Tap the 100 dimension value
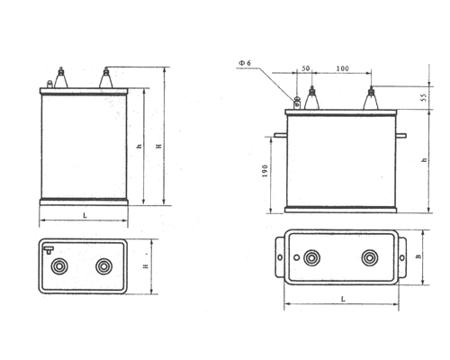point(342,68)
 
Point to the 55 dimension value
point(422,96)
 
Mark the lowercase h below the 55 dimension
point(422,159)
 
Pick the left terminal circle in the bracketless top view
point(62,266)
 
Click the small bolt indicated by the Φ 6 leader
point(298,100)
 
